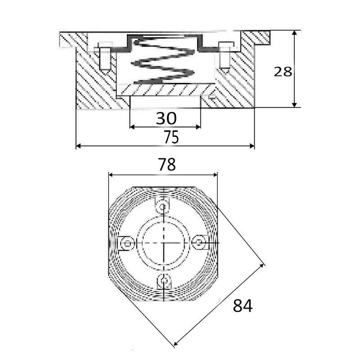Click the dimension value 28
tap(283, 72)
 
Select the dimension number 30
tap(166, 118)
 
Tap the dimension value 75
tap(171, 137)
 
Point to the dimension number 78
tap(167, 164)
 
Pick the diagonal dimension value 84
tap(243, 306)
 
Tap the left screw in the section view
tap(105, 56)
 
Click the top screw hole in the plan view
tap(163, 207)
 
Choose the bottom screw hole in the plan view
tap(164, 280)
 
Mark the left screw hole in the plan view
tap(127, 243)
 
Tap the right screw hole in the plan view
tap(198, 242)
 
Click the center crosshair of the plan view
tap(164, 243)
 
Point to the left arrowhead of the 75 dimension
tap(78, 146)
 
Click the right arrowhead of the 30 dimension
tap(198, 127)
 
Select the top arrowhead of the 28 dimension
tap(294, 33)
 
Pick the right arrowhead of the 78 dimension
tap(215, 175)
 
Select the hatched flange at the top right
tap(255, 38)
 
